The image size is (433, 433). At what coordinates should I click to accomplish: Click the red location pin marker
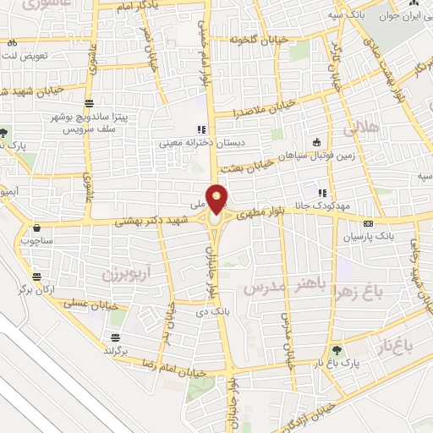[217, 199]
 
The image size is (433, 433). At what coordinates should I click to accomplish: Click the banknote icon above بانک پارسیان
[368, 223]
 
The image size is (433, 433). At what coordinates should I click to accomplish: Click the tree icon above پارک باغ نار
[337, 350]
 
